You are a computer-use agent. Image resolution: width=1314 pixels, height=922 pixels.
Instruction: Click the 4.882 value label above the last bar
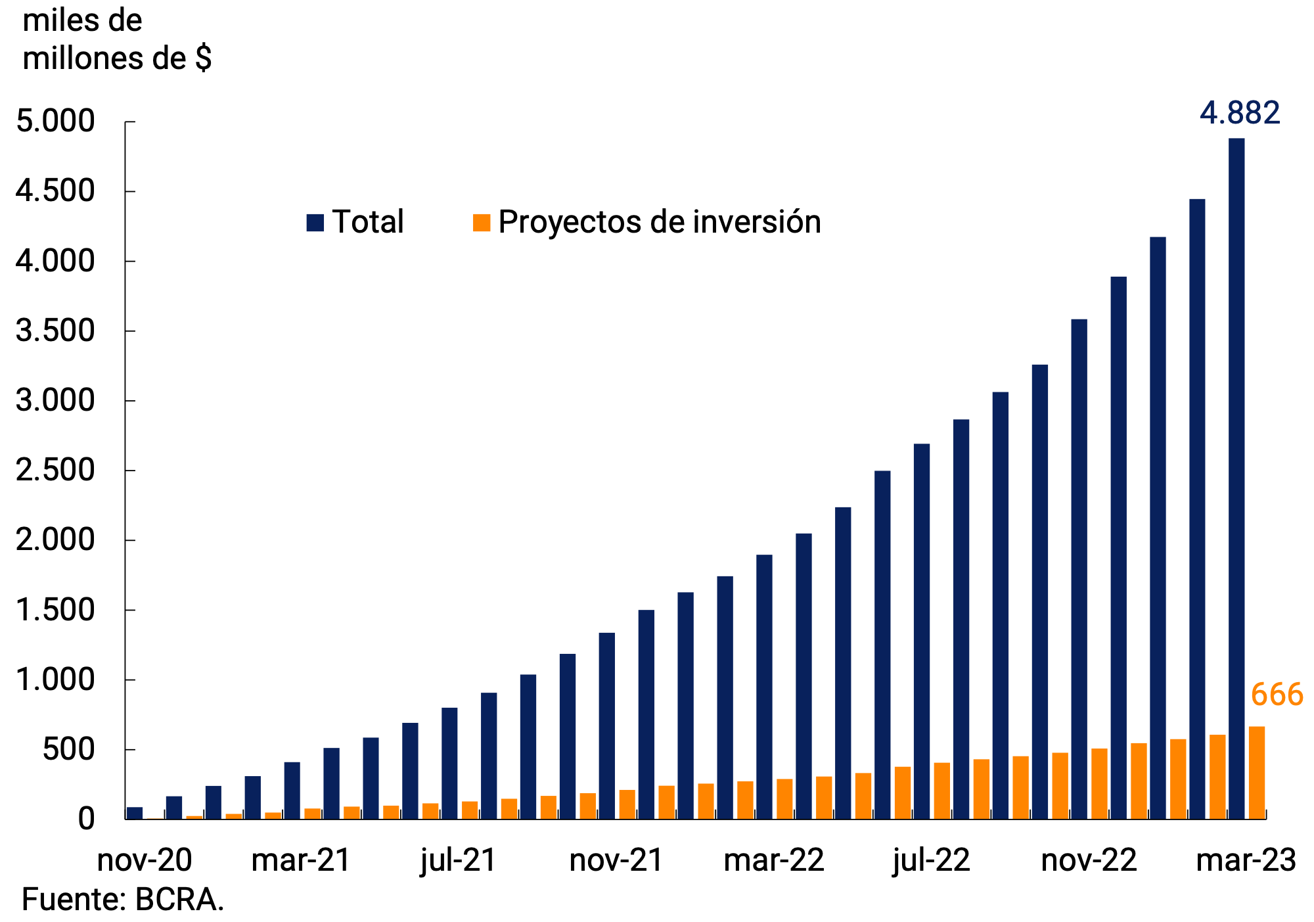(1240, 113)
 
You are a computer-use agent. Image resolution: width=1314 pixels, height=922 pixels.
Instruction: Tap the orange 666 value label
(1277, 695)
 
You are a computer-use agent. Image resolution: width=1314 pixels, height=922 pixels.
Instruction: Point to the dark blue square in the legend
(315, 222)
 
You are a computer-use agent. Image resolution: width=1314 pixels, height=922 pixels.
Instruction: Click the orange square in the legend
(482, 222)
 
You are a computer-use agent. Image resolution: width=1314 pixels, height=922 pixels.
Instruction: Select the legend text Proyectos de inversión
(659, 222)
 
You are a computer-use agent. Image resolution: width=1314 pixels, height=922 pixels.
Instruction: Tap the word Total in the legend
(367, 222)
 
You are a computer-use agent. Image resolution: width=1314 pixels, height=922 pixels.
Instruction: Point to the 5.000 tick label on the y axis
(56, 122)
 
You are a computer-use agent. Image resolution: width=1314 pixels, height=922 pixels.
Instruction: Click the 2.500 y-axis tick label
(56, 471)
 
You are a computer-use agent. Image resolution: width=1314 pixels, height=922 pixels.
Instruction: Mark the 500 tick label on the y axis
(69, 750)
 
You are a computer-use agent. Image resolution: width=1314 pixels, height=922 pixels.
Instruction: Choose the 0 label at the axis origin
(86, 819)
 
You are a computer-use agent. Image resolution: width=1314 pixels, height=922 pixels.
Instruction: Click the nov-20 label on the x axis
(145, 860)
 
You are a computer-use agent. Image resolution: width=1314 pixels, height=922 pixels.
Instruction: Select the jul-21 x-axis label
(458, 860)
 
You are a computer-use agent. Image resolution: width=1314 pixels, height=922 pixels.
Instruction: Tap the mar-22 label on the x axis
(773, 860)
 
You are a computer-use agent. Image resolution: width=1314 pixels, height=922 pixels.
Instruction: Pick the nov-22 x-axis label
(1089, 860)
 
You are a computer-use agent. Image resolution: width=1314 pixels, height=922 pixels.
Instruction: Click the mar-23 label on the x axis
(1246, 860)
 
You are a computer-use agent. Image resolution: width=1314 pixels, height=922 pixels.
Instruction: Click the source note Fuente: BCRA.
(123, 900)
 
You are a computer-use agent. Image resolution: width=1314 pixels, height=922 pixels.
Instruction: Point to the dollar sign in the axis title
(204, 58)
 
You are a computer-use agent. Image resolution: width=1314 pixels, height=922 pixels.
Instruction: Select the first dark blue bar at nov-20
(135, 813)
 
